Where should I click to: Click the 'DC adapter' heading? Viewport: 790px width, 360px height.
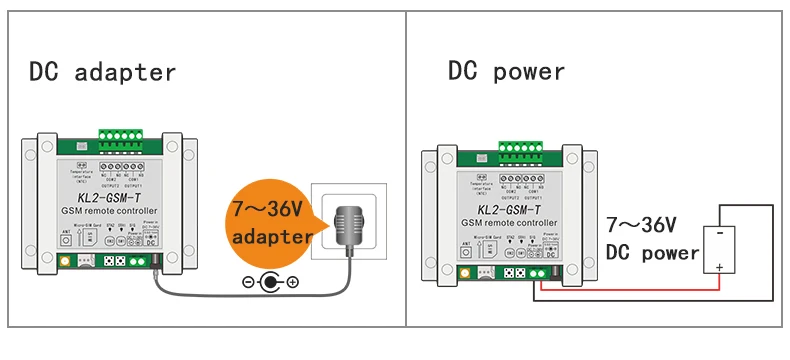click(x=102, y=72)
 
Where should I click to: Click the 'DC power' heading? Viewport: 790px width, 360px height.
click(x=506, y=72)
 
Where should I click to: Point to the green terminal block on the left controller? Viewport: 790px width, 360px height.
click(x=127, y=138)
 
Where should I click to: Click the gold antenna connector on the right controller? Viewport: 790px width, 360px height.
click(x=464, y=272)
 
